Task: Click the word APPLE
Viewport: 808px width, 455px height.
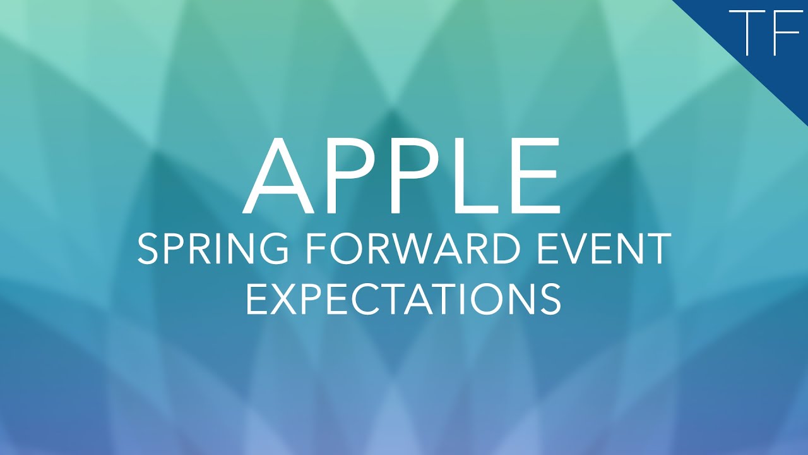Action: tap(403, 176)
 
